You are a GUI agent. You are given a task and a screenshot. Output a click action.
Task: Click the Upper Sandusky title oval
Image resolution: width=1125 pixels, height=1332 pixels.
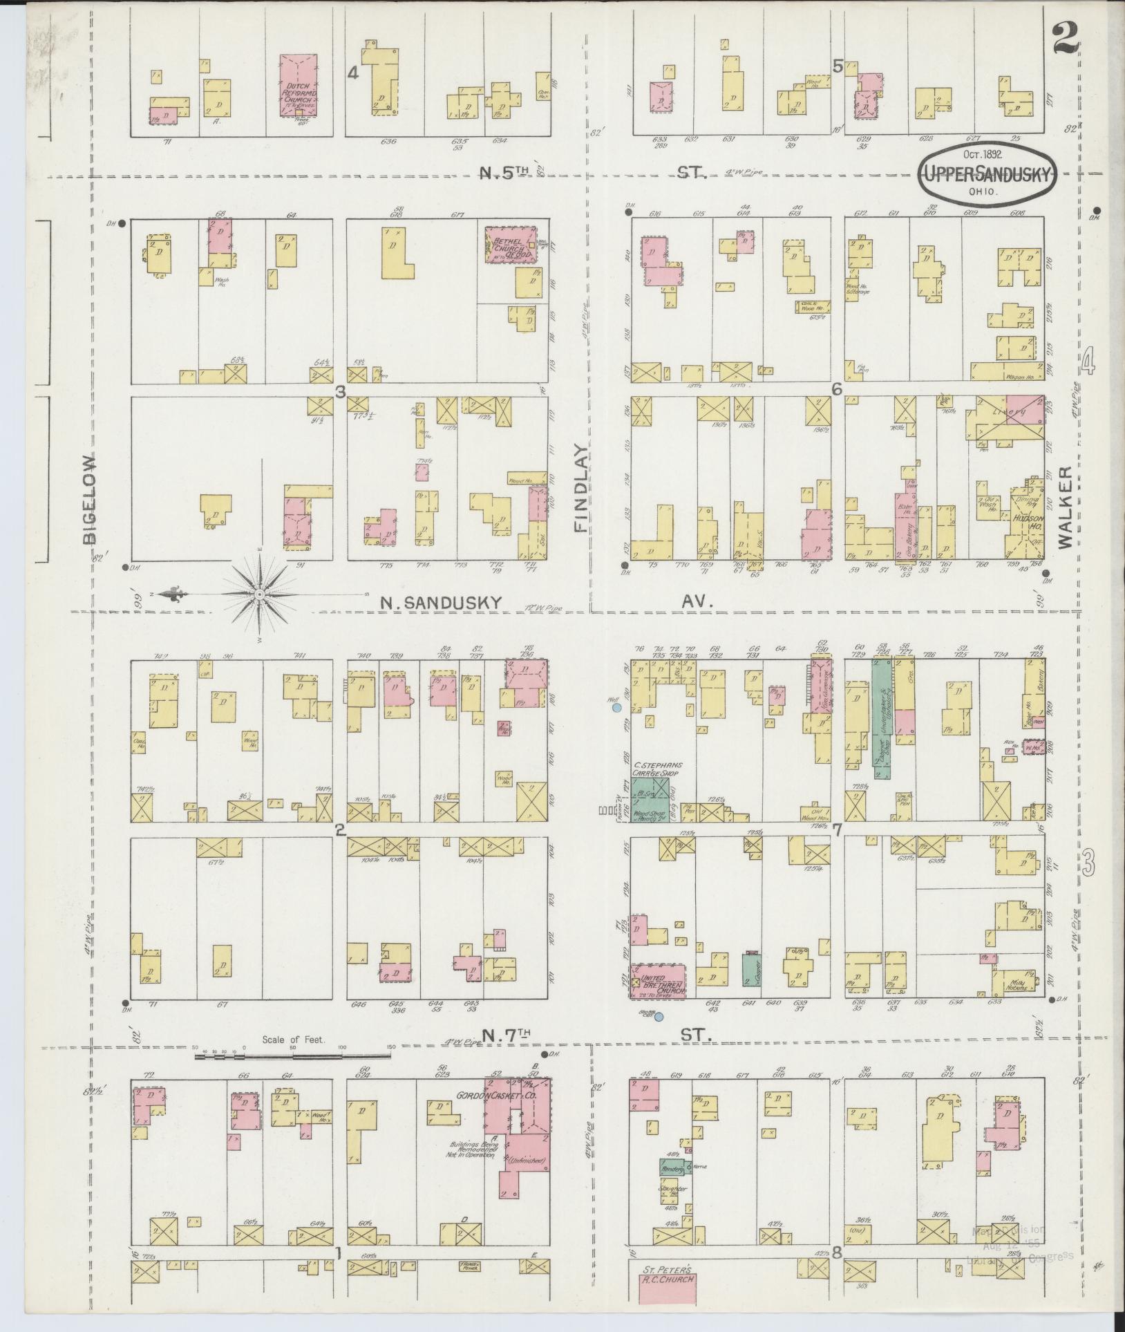pyautogui.click(x=987, y=171)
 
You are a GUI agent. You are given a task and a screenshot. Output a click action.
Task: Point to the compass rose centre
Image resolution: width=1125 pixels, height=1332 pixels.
pyautogui.click(x=259, y=594)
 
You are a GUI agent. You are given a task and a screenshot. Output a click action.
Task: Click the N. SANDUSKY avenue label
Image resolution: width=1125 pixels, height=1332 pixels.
pyautogui.click(x=439, y=602)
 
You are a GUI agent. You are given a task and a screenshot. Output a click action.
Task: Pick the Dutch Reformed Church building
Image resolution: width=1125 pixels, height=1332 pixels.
pyautogui.click(x=299, y=86)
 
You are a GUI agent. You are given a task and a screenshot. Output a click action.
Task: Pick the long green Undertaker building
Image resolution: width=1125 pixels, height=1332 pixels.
pyautogui.click(x=880, y=719)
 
